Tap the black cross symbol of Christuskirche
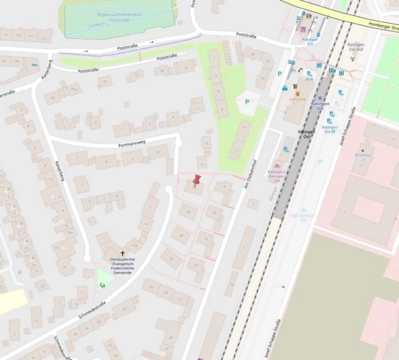click(x=122, y=253)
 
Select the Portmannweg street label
click(x=132, y=144)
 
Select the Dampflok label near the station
click(x=297, y=100)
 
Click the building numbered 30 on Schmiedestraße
click(x=124, y=308)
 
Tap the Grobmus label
click(x=363, y=155)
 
